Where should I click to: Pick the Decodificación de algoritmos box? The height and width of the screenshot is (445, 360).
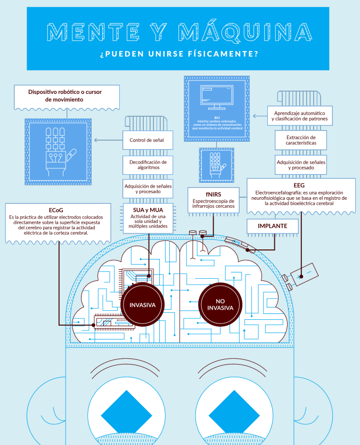pos(148,164)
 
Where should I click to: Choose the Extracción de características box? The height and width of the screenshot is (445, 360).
pos(301,140)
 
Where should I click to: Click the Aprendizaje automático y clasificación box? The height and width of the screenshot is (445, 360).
pos(301,116)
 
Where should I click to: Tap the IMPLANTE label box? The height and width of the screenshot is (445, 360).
pos(273,226)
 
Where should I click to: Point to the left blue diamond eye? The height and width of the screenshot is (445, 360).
pos(123,414)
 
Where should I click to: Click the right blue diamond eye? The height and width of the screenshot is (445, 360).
pos(230,414)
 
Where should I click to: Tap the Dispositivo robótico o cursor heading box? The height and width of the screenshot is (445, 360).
pos(66,96)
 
